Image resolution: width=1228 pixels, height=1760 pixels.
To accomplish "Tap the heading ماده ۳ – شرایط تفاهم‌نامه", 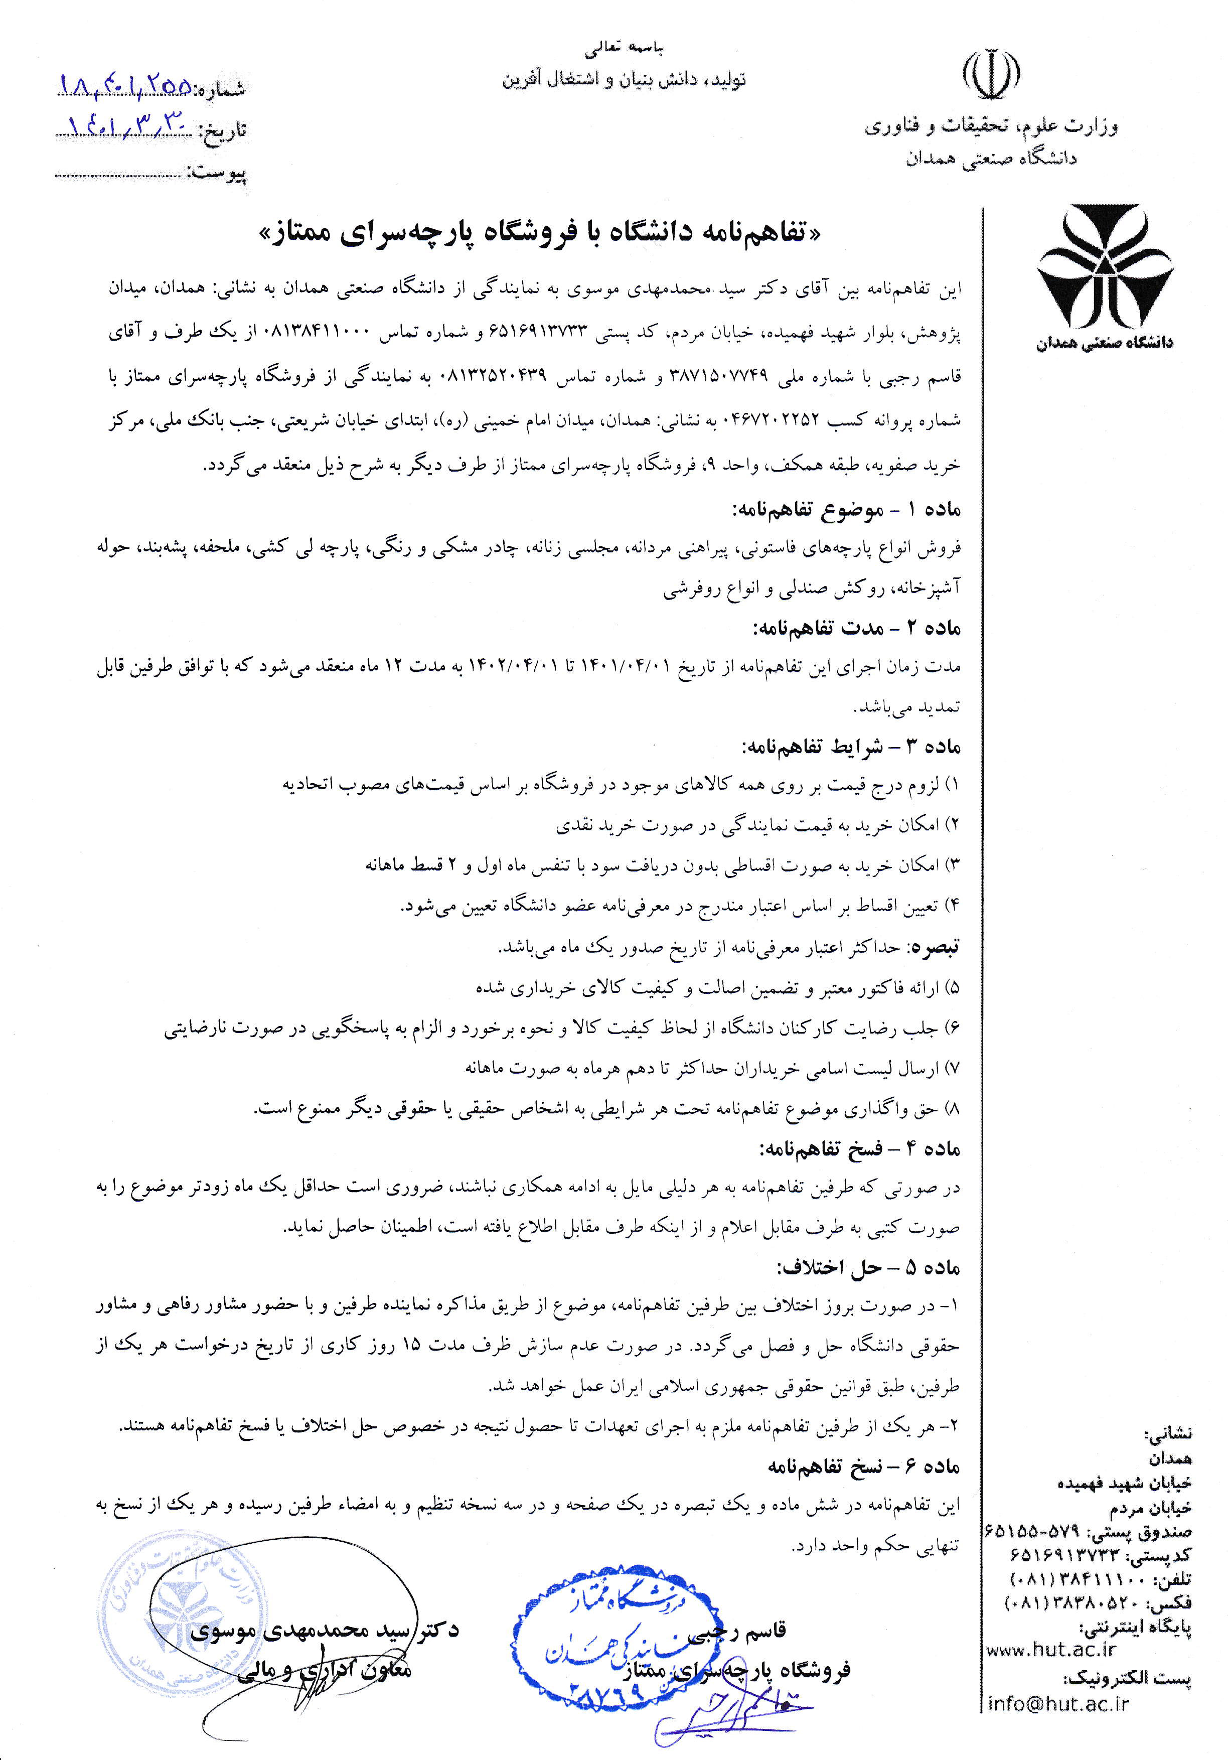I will coord(850,746).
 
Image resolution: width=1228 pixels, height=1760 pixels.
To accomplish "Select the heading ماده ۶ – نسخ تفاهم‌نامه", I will coord(862,1466).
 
